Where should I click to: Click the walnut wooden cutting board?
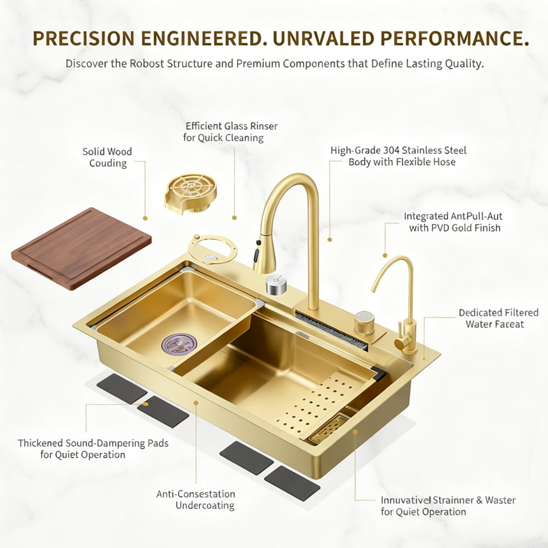pyautogui.click(x=81, y=248)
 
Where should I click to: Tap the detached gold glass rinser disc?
pyautogui.click(x=191, y=193)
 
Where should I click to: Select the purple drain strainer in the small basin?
pyautogui.click(x=179, y=343)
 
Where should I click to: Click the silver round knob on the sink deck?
pyautogui.click(x=276, y=283)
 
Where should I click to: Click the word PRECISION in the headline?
pyautogui.click(x=83, y=38)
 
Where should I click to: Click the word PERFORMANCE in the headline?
pyautogui.click(x=454, y=38)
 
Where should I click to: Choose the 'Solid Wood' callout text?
pyautogui.click(x=107, y=151)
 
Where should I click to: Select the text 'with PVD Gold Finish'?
pyautogui.click(x=455, y=228)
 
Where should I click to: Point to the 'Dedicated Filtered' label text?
pyautogui.click(x=498, y=312)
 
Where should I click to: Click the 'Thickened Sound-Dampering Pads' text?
pyautogui.click(x=93, y=443)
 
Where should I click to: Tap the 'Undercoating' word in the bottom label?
pyautogui.click(x=205, y=505)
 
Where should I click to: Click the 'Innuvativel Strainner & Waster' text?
pyautogui.click(x=448, y=500)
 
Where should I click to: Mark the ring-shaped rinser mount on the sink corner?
pyautogui.click(x=212, y=249)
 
